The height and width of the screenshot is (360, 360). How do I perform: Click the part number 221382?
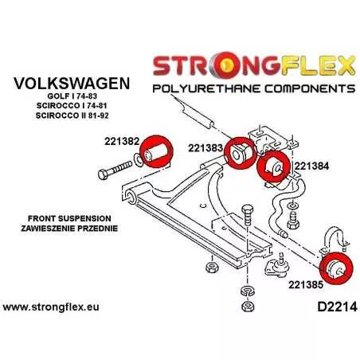tap(122, 141)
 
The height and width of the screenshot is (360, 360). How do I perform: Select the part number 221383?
tap(205, 148)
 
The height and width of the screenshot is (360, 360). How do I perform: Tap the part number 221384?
tap(311, 166)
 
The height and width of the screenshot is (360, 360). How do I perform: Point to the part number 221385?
tap(306, 285)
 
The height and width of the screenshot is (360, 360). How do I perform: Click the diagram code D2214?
tap(337, 307)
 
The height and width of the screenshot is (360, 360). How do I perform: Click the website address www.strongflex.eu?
tap(51, 307)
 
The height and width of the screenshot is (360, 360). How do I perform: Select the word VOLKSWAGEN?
tap(72, 84)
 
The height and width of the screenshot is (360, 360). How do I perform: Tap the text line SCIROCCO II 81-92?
tap(72, 115)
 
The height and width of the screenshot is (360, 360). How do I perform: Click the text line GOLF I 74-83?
tap(72, 96)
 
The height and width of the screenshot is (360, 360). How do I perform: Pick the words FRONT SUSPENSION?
tap(69, 218)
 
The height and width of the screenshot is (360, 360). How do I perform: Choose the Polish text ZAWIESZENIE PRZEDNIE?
tap(69, 229)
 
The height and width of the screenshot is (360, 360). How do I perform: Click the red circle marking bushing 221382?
tap(156, 151)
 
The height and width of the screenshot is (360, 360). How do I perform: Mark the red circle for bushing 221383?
tap(241, 153)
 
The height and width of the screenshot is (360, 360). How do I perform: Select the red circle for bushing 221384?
tap(274, 166)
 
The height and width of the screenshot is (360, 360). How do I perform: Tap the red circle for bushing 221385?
tap(336, 268)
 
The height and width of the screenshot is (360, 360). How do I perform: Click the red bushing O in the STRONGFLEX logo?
tap(225, 65)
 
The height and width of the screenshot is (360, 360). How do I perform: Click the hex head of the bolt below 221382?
tap(104, 174)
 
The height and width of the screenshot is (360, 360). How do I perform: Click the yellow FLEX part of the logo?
tap(317, 65)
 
